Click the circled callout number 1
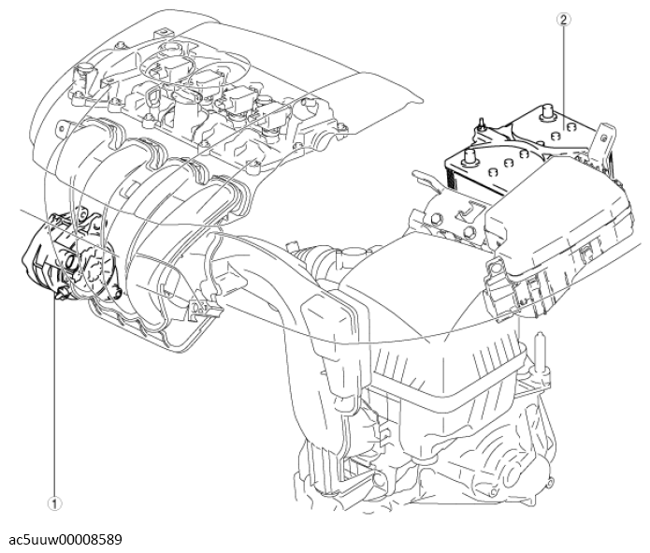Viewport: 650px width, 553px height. coord(54,503)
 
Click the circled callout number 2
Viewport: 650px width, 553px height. coord(564,20)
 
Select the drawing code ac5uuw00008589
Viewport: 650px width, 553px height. coord(65,539)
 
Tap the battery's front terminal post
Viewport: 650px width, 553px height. coord(469,158)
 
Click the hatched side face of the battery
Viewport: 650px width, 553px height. coord(469,182)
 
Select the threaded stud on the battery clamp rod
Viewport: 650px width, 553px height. coord(481,124)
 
